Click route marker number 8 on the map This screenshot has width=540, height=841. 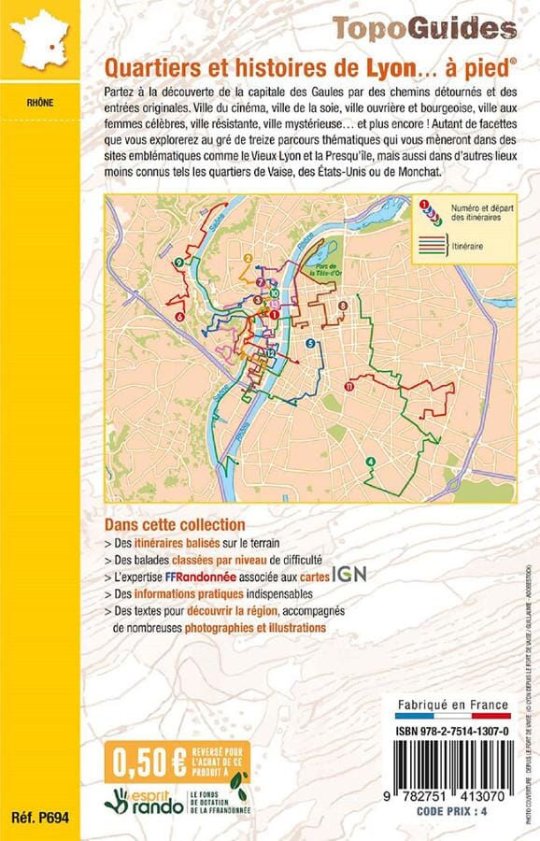(x=343, y=306)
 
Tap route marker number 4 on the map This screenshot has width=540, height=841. (x=371, y=462)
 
